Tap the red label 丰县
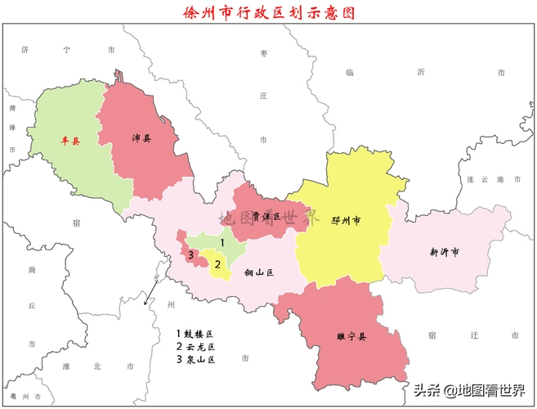(71, 141)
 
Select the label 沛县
(142, 138)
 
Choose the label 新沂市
(444, 252)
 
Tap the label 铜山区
(257, 272)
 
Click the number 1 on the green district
(222, 243)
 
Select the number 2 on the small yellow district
(217, 263)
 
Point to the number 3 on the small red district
(190, 256)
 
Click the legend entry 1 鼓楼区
(195, 334)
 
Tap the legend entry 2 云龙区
(195, 347)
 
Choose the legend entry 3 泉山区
(195, 360)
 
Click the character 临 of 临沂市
(350, 73)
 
